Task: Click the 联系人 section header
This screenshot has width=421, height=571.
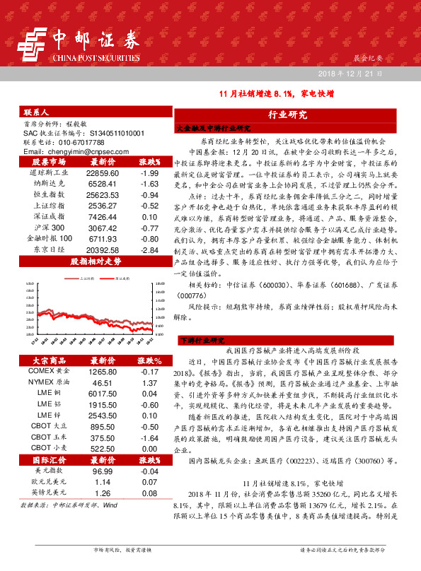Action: [x=36, y=113]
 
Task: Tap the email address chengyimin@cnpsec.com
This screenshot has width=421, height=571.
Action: [x=72, y=151]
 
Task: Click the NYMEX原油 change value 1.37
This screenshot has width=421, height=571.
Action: [x=149, y=382]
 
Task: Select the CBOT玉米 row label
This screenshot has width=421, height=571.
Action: [x=49, y=437]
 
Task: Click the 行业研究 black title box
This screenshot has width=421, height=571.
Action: [x=287, y=114]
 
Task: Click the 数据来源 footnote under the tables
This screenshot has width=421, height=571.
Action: [x=68, y=505]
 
